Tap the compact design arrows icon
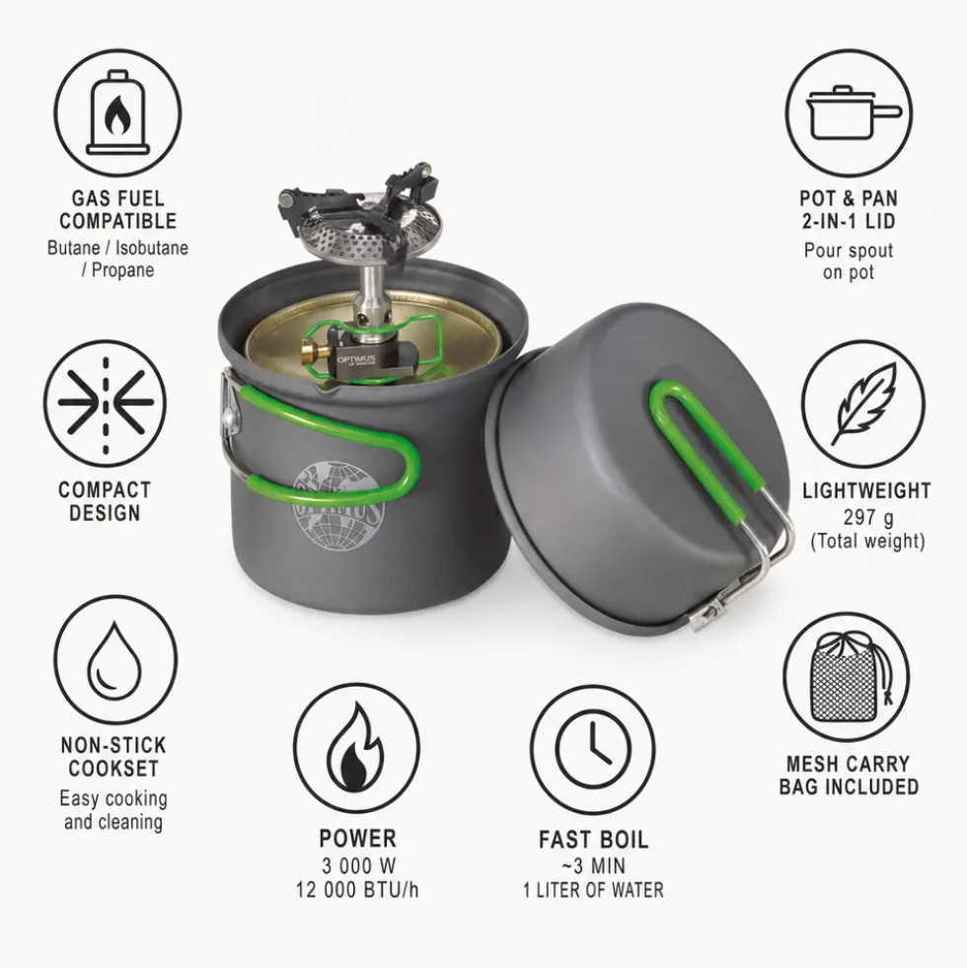tap(106, 404)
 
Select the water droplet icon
tap(114, 661)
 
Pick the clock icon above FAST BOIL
tap(593, 750)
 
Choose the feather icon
tap(863, 404)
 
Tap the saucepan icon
tap(854, 114)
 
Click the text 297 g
tap(867, 517)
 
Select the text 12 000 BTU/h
tap(357, 890)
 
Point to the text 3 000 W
tap(358, 865)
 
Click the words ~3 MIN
tap(593, 865)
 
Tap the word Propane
tap(122, 270)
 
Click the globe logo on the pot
tap(337, 505)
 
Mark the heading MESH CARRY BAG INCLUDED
tap(849, 775)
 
